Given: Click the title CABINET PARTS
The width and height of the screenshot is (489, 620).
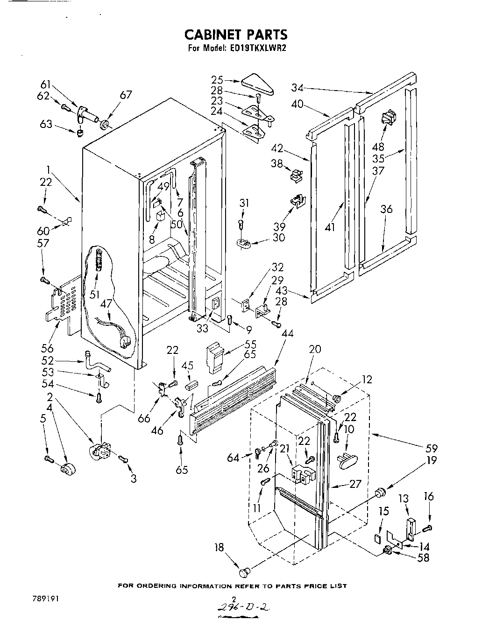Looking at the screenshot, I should click(x=235, y=35).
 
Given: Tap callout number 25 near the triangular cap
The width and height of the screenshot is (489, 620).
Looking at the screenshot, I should click(x=217, y=80).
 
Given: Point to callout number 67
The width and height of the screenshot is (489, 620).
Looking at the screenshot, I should click(x=126, y=95).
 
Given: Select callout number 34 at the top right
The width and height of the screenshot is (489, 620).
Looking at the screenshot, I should click(x=298, y=87).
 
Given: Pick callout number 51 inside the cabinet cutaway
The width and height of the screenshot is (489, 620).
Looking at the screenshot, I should click(x=95, y=294).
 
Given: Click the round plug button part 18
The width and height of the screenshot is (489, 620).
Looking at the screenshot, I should click(x=245, y=571).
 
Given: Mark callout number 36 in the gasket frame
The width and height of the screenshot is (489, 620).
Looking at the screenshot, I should click(x=386, y=209).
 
